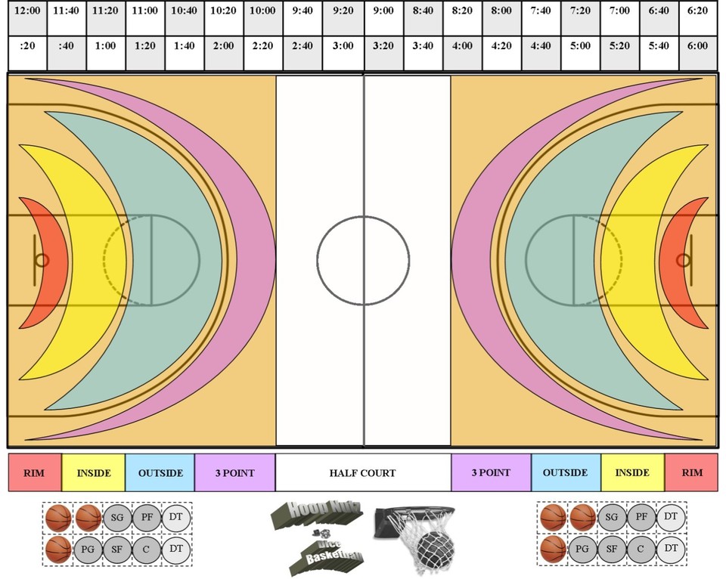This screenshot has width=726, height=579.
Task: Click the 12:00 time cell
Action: [x=27, y=11]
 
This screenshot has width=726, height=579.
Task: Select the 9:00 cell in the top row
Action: [x=383, y=11]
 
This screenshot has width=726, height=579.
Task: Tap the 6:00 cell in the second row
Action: [x=697, y=45]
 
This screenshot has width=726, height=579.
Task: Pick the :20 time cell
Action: [x=27, y=45]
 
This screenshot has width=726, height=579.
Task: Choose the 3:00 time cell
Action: [x=343, y=45]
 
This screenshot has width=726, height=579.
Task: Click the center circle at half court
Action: [x=363, y=260]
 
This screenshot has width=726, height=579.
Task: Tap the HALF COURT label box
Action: [x=363, y=473]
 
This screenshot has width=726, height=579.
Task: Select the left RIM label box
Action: [x=34, y=473]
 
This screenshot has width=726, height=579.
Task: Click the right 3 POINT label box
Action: [x=491, y=473]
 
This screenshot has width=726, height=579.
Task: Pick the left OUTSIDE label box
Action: [x=160, y=473]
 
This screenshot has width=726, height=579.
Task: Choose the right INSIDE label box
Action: [x=632, y=473]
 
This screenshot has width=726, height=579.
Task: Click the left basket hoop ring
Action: [x=42, y=260]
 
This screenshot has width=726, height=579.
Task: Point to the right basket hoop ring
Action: [x=683, y=260]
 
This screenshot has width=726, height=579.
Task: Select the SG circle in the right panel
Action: [x=612, y=518]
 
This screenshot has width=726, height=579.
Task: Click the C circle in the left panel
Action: [x=146, y=547]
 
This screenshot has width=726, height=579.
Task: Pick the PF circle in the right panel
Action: [x=641, y=518]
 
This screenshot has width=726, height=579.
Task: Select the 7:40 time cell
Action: [x=540, y=11]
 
